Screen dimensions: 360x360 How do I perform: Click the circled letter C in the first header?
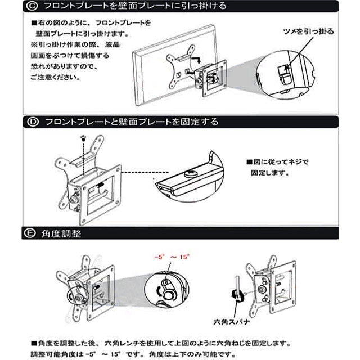pos(32,6)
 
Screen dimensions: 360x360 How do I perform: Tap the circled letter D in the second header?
pos(32,121)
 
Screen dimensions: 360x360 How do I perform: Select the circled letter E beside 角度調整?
pos(32,233)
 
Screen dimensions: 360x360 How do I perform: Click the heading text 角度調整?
pos(61,233)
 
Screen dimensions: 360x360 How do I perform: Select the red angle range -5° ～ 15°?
pos(171,257)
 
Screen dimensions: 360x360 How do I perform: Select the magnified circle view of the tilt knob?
pos(169,287)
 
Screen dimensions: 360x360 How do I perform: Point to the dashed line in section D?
pos(141,172)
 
